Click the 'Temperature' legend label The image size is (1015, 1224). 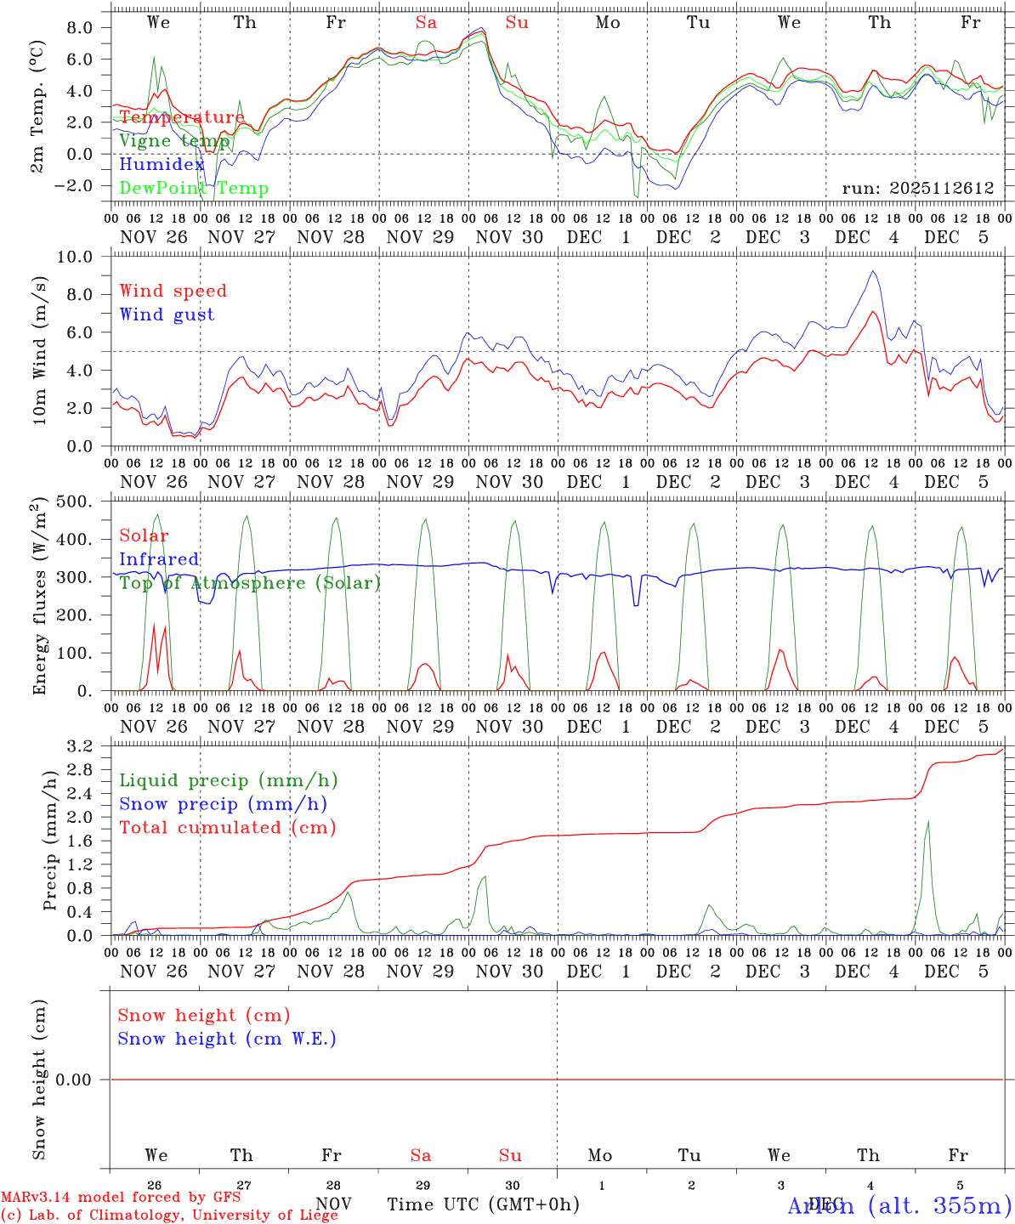coord(182,117)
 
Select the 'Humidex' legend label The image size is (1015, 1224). coord(162,165)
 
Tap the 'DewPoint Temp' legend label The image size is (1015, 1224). coord(194,189)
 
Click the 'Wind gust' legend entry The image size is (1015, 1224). coord(167,314)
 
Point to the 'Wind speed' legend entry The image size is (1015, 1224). coord(173,291)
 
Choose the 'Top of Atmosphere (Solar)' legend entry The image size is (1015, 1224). coord(250,583)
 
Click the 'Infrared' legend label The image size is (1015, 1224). coord(159,559)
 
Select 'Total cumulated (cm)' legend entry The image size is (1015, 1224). coord(228,827)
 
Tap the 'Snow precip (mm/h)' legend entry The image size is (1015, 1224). coord(223,804)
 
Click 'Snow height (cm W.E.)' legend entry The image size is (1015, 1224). coord(227,1039)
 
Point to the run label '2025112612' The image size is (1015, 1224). coord(918,188)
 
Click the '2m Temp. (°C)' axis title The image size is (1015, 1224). coord(37,105)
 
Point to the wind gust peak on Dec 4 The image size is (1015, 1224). coord(872,271)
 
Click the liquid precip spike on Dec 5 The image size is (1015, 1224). coord(927,821)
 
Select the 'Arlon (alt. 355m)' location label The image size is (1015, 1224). coord(899,1204)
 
